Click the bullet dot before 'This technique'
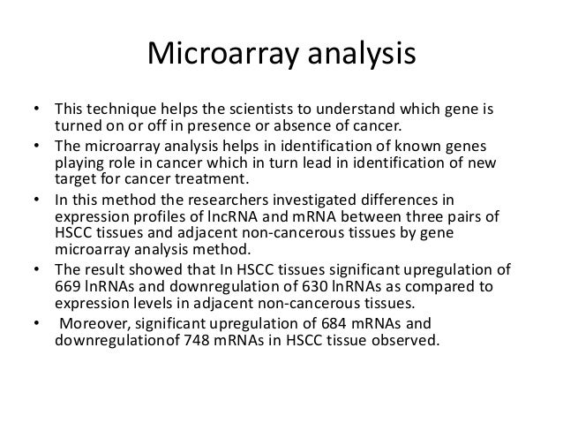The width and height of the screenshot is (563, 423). click(35, 112)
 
